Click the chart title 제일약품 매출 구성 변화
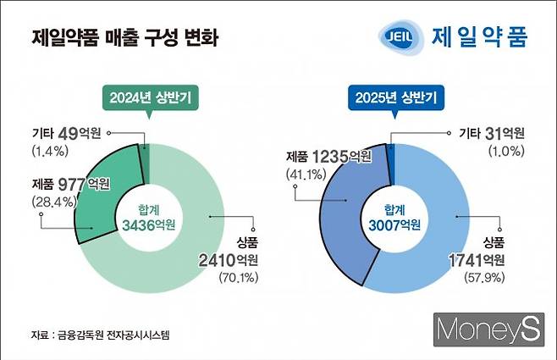pos(124,38)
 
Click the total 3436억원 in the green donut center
pos(148,224)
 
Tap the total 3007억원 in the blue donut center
pos(394,224)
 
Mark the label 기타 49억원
pos(69,132)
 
